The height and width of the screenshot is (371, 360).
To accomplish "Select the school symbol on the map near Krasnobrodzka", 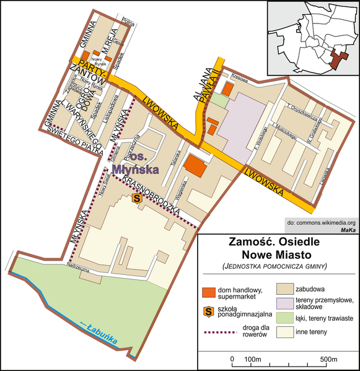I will [138, 199].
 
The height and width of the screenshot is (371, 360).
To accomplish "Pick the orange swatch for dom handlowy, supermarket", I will [210, 291].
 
